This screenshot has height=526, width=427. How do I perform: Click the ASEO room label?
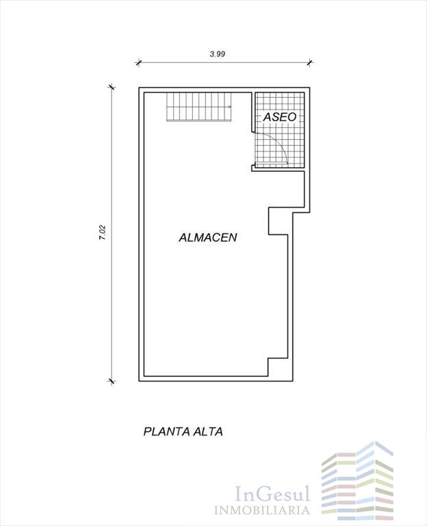point(280,117)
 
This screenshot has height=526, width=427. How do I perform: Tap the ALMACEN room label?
point(208,238)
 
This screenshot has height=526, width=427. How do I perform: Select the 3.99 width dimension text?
point(217,53)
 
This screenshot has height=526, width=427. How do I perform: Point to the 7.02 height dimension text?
point(103,232)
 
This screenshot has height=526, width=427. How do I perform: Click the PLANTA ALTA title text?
point(183,431)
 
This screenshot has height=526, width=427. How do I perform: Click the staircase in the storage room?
point(199,107)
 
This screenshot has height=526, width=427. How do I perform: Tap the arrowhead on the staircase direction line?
point(230,107)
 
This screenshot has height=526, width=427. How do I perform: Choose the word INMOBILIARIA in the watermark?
point(262,511)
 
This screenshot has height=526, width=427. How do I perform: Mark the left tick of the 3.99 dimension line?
point(138,62)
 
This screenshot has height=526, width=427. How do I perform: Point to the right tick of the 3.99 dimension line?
point(310,62)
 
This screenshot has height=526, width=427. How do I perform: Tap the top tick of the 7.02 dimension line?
point(112,87)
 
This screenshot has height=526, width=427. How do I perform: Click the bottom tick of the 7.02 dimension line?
point(112,381)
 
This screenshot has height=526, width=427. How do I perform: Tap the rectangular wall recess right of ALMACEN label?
point(279,221)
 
